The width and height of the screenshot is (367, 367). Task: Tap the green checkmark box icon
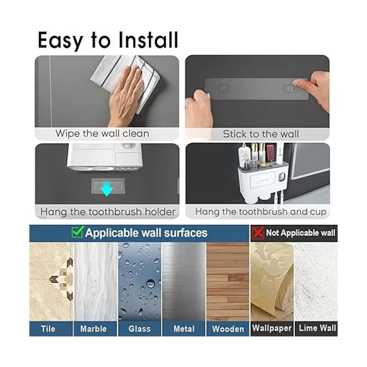coord(77,232)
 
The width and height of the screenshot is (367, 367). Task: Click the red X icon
coord(258,232)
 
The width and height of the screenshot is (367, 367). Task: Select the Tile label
coord(48,329)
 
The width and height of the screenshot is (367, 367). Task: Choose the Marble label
coord(93,329)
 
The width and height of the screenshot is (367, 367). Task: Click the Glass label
coord(139,329)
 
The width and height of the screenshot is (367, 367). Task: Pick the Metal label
coord(184,329)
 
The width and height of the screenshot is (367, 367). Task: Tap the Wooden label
coord(228,329)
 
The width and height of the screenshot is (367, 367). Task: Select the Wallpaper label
coord(272,328)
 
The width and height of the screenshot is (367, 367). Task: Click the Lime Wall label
coord(317,328)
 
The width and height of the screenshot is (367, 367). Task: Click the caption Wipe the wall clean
coord(102,133)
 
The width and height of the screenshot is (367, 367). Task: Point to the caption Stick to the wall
coord(261,134)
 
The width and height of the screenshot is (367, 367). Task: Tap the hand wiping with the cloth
coord(126,95)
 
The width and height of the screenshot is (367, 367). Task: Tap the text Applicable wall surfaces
coord(146,233)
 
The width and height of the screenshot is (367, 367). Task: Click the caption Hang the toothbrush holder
coord(108,212)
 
